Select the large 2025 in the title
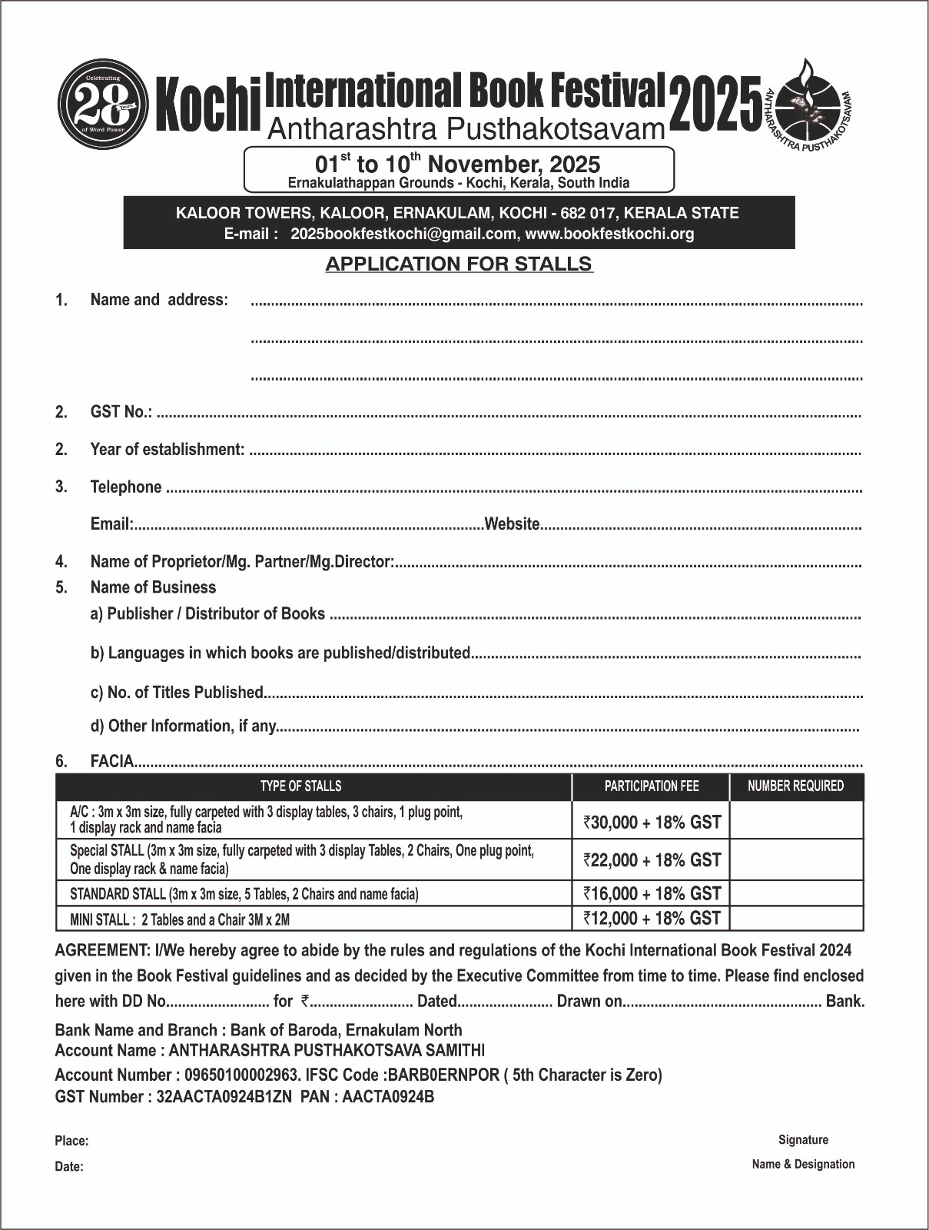pyautogui.click(x=715, y=103)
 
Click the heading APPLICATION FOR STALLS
pyautogui.click(x=459, y=264)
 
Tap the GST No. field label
pyautogui.click(x=121, y=412)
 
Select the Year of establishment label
pyautogui.click(x=167, y=449)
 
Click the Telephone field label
pyautogui.click(x=126, y=487)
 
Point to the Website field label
pyautogui.click(x=513, y=524)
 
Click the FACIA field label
pyautogui.click(x=112, y=761)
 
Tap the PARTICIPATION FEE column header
pyautogui.click(x=652, y=786)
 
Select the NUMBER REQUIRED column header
pyautogui.click(x=795, y=786)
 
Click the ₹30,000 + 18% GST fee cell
pyautogui.click(x=652, y=822)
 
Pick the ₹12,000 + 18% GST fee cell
pyautogui.click(x=652, y=918)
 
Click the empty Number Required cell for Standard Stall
pyautogui.click(x=796, y=893)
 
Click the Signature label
pyautogui.click(x=803, y=1139)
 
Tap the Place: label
pyautogui.click(x=71, y=1141)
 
